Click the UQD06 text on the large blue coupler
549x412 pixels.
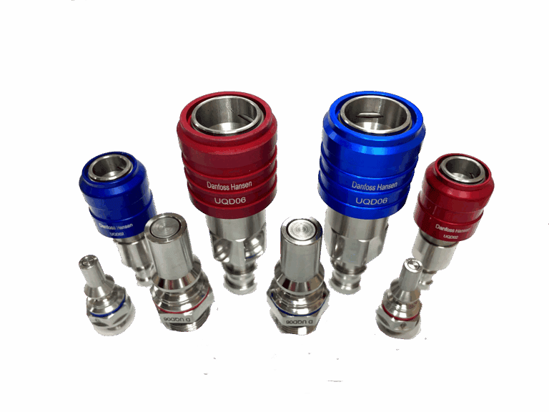click(371, 202)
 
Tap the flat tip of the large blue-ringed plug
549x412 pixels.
click(300, 232)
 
